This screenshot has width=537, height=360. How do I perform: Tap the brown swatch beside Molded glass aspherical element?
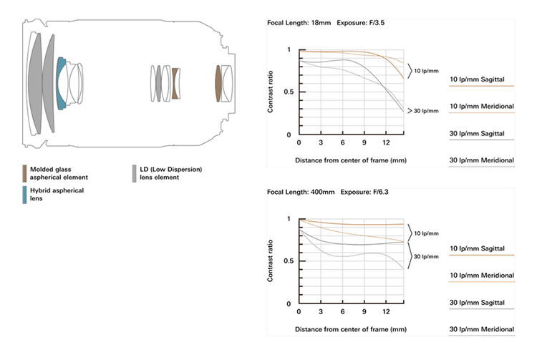click(x=24, y=173)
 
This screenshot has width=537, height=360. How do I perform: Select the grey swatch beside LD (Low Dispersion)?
click(x=135, y=173)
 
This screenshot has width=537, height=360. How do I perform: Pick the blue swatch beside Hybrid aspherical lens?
click(x=24, y=195)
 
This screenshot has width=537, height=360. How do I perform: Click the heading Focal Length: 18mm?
click(x=299, y=23)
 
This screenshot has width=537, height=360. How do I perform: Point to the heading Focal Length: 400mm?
click(x=301, y=192)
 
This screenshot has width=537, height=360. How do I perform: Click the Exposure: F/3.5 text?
click(x=361, y=23)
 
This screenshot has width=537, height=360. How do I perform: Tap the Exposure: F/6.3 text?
click(x=364, y=192)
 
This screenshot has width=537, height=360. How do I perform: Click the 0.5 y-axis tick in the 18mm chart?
click(x=289, y=92)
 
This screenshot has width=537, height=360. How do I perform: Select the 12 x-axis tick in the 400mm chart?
click(x=386, y=311)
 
